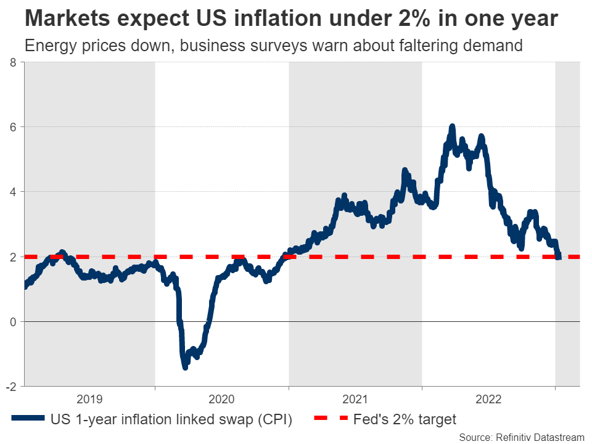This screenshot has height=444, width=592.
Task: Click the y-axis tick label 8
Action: click(x=14, y=62)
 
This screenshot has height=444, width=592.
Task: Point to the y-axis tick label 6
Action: click(x=14, y=127)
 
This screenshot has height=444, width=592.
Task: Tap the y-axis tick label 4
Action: click(x=14, y=192)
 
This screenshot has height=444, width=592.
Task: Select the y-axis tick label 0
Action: click(x=14, y=322)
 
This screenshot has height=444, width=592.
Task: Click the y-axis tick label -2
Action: click(x=12, y=387)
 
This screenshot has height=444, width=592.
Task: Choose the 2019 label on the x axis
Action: click(x=90, y=398)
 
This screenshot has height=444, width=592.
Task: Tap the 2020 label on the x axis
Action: click(x=222, y=398)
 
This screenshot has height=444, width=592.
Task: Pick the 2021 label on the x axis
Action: click(x=356, y=398)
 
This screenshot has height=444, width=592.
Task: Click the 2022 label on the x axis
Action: click(x=488, y=398)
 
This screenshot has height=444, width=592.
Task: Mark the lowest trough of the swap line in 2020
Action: click(x=184, y=367)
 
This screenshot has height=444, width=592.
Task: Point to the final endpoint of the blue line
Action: click(x=559, y=257)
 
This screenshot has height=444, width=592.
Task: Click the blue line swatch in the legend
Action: click(x=28, y=419)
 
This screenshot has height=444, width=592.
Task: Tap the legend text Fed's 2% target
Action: click(x=405, y=419)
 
